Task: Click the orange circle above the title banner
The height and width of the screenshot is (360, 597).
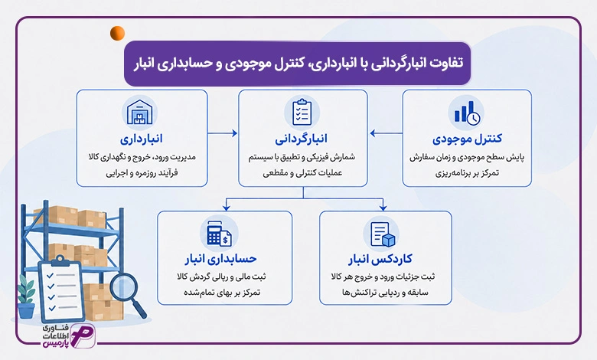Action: coord(117,33)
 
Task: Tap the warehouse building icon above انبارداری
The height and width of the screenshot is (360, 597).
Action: coord(139,113)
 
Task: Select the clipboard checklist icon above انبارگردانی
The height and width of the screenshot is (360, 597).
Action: coord(302,113)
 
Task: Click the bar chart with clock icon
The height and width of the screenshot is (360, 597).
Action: coord(467,113)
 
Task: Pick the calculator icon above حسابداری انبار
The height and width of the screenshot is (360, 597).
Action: coord(219,233)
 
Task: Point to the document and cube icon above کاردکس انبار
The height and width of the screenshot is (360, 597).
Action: coord(383,234)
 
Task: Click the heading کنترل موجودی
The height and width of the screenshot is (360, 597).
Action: coord(467,139)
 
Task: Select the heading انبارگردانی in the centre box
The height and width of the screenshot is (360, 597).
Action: coord(301,139)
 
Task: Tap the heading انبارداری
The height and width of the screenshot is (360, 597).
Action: coord(142,139)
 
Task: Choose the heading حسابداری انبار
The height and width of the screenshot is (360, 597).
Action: coord(221,259)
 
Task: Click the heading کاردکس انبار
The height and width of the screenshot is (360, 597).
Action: coord(380,260)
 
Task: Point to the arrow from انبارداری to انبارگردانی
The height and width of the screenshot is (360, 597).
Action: coord(223,133)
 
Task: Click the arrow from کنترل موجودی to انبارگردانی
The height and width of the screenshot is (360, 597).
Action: coord(386,133)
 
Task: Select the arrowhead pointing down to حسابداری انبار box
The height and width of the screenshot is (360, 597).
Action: coord(227,208)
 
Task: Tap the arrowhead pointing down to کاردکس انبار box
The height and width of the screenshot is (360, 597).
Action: coord(383,208)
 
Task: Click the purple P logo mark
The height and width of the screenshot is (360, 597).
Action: coord(83,335)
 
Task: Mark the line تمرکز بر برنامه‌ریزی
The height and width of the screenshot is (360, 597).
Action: coord(467,173)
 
